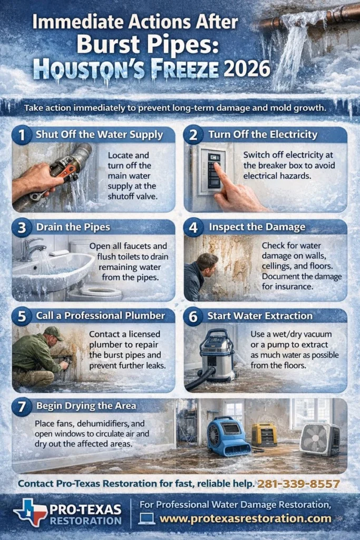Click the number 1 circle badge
click(x=22, y=134)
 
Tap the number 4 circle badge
click(x=193, y=228)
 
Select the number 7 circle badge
click(x=22, y=407)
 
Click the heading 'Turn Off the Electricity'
click(x=263, y=134)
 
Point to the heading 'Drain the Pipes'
click(x=73, y=227)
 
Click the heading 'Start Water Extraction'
click(x=260, y=316)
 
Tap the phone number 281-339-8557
click(x=299, y=484)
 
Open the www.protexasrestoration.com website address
click(x=246, y=518)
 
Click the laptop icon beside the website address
click(x=147, y=519)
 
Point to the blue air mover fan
click(x=227, y=437)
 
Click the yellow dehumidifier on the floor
click(x=264, y=435)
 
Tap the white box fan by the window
click(x=320, y=439)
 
